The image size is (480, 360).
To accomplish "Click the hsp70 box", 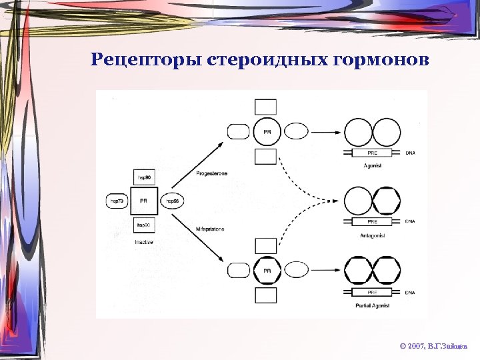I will click(x=117, y=201).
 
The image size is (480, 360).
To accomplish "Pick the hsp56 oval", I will click(x=171, y=201).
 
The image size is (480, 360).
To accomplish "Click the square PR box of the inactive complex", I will click(x=143, y=201).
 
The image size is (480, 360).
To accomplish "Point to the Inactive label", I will click(x=143, y=243).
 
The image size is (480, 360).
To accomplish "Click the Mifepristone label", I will click(x=211, y=229).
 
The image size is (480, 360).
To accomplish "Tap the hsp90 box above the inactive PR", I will click(x=143, y=178).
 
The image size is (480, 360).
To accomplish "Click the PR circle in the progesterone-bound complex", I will click(x=267, y=132).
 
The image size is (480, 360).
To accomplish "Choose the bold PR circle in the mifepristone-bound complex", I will click(x=267, y=271).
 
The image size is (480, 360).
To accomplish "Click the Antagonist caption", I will click(x=372, y=235).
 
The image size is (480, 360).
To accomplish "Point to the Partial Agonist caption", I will click(x=372, y=305).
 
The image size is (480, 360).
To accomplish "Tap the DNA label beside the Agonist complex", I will click(x=412, y=153).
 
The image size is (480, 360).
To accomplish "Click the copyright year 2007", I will click(x=415, y=347).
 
